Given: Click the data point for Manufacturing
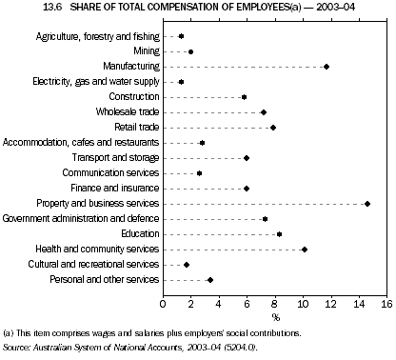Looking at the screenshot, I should pos(327,67).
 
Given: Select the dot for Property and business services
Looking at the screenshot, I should pos(367,204).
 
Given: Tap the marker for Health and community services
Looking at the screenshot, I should pos(305,250).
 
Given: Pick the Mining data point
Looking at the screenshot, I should pos(190,51).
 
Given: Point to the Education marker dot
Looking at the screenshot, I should pos(279,234).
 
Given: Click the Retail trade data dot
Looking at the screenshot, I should pos(273,128).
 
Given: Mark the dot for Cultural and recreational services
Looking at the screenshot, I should pos(187,265).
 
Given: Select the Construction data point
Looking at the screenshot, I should pos(244,97).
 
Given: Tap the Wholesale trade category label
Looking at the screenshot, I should pos(126,112).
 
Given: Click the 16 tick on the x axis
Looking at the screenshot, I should pos(386,304).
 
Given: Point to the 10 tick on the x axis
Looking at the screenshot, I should pos(303,304).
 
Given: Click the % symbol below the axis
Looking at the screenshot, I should pos(275,317).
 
